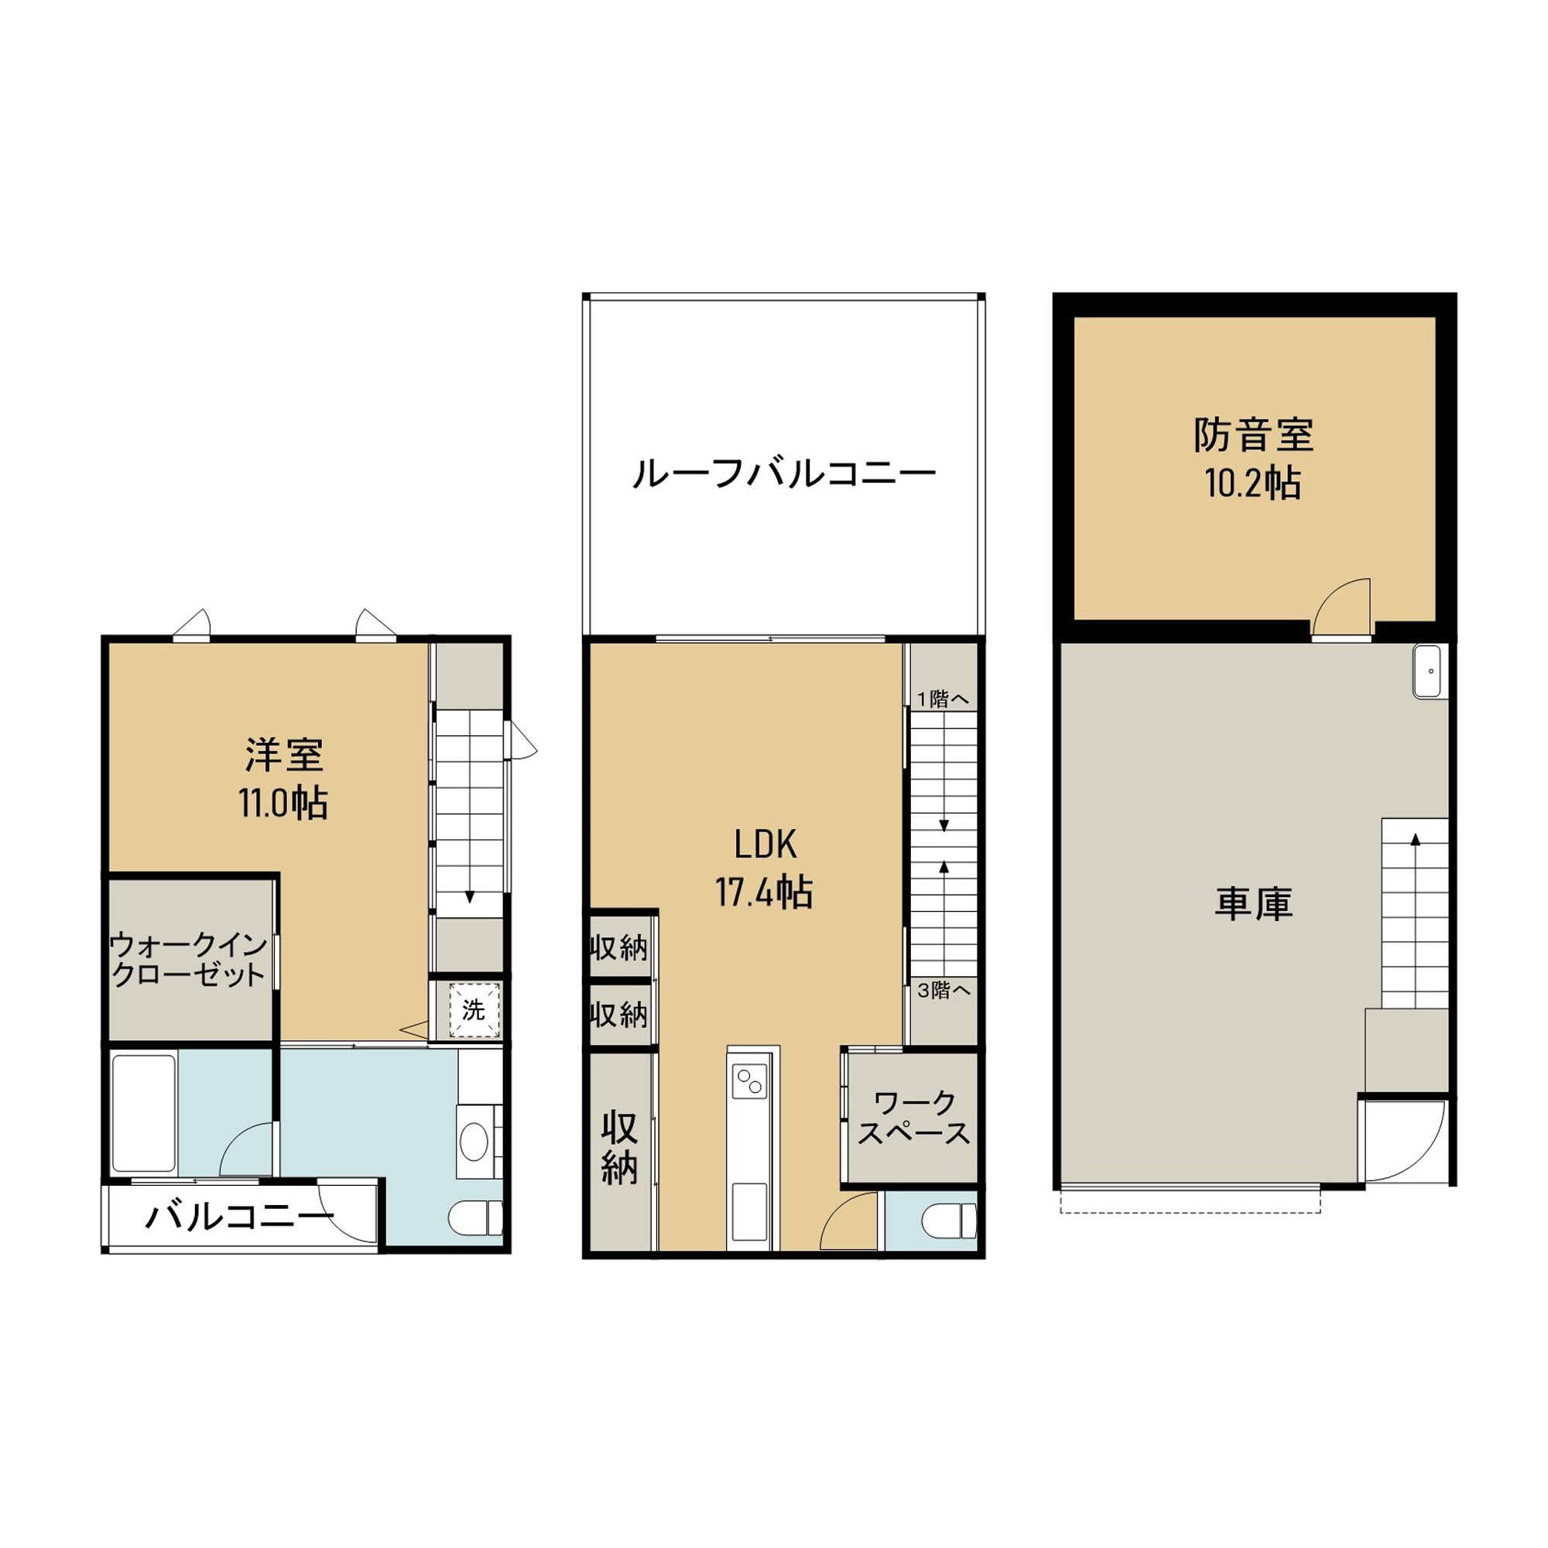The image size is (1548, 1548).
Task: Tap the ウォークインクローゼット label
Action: [x=188, y=959]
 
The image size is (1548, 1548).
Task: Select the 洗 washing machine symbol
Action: [x=474, y=1010]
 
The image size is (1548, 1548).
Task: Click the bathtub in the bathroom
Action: [x=144, y=1113]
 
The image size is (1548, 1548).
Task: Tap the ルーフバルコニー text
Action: [x=784, y=474]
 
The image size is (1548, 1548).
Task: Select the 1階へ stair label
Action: [x=943, y=699]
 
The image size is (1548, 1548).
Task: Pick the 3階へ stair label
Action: [x=944, y=991]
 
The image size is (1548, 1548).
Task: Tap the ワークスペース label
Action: [x=913, y=1118]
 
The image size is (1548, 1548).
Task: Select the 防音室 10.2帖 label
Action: [x=1253, y=459]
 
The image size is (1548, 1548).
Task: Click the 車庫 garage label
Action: [x=1254, y=905]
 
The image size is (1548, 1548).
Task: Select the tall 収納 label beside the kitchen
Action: [x=619, y=1148]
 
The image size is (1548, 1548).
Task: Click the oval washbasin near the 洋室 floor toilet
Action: [x=474, y=1141]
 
